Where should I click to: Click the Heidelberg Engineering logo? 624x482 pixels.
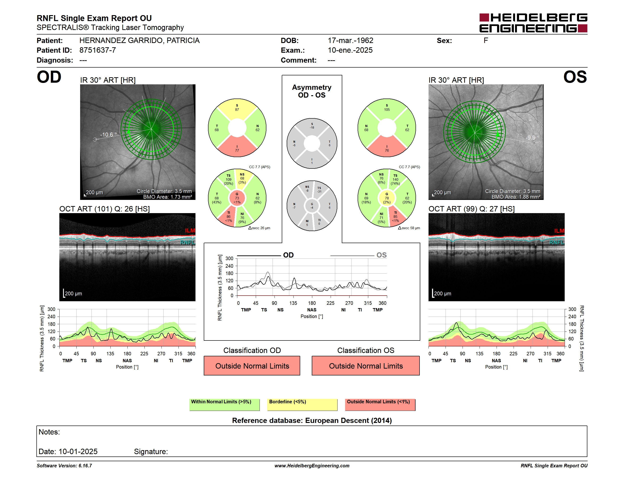click(x=533, y=23)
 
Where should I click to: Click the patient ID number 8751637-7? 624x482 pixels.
click(x=97, y=50)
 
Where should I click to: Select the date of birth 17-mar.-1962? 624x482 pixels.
click(x=350, y=41)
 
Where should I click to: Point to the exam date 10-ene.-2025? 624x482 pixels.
click(x=350, y=50)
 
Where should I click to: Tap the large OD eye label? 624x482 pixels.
click(x=49, y=77)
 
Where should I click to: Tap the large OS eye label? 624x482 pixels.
click(x=575, y=77)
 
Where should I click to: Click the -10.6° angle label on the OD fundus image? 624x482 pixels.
click(x=108, y=134)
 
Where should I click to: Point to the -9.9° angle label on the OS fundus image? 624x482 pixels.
click(x=532, y=138)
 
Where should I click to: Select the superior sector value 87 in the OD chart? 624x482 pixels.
click(x=237, y=110)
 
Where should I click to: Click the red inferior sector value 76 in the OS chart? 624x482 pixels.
click(x=386, y=151)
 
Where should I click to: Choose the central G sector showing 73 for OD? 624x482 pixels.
click(x=237, y=198)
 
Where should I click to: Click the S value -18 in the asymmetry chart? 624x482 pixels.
click(x=312, y=128)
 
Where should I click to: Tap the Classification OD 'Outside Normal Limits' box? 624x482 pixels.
click(x=252, y=366)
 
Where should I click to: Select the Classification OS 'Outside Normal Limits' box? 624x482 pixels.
click(x=365, y=366)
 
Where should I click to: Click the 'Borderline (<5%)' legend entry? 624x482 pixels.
click(x=302, y=405)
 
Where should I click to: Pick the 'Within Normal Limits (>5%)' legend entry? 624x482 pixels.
click(x=224, y=405)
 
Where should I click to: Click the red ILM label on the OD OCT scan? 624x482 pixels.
click(x=190, y=230)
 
